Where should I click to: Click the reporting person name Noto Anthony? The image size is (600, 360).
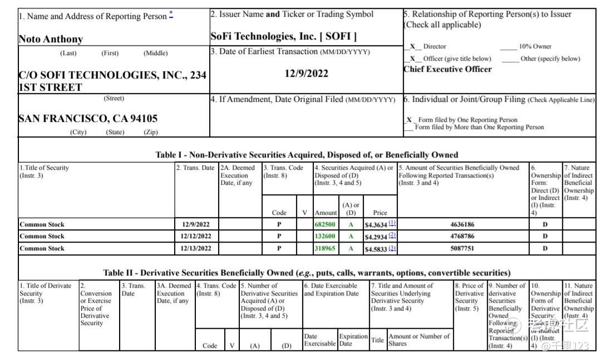pos(51,39)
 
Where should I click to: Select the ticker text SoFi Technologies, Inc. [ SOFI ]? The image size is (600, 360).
pos(283,37)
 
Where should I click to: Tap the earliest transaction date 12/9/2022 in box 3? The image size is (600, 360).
pos(307,73)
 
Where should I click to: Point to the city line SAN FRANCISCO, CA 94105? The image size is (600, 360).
pos(88,119)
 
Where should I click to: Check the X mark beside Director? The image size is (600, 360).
pos(412,47)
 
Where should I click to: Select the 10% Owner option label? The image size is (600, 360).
pos(535,47)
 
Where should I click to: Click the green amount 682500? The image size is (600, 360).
pos(325,224)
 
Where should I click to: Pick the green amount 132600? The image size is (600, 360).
pos(325,236)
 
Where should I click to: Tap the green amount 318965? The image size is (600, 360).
pos(325,248)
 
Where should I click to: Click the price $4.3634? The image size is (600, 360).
pos(376,225)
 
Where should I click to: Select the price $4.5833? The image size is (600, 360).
pos(376,249)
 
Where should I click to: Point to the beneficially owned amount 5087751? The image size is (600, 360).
pos(463,248)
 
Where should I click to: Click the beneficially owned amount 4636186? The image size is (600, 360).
pos(463,224)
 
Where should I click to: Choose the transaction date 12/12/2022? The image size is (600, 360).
pos(196,236)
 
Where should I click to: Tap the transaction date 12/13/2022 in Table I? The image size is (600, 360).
pos(196,248)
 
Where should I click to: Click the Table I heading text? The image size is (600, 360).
pos(307,155)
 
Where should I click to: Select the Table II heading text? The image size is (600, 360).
pos(307,273)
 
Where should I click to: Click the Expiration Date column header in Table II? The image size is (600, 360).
pos(353,340)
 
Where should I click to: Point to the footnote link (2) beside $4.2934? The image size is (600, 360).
pos(392,235)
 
